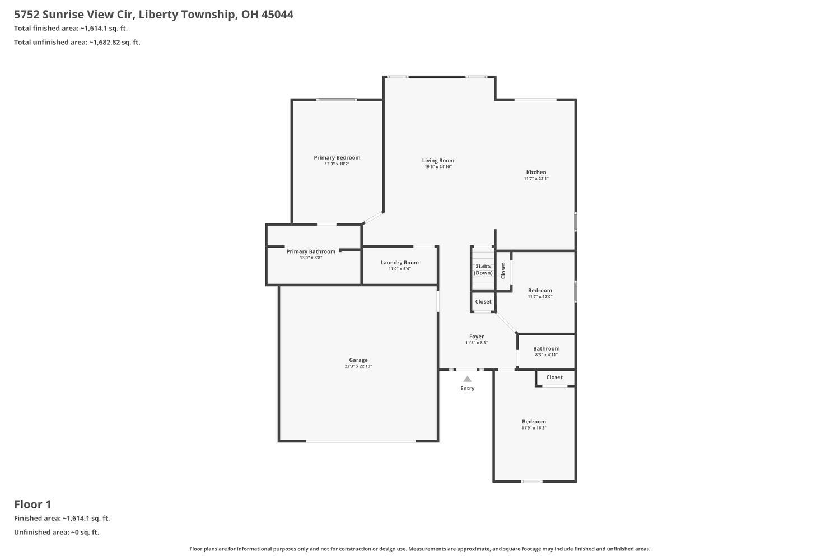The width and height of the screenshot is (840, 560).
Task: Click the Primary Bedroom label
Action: [337, 158]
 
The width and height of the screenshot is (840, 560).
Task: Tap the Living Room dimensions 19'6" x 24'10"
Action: [438, 167]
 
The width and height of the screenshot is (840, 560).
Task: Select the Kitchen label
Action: [536, 172]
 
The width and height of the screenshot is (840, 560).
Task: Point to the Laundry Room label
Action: [399, 263]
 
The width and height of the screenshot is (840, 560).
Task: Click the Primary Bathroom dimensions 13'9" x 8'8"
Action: [311, 258]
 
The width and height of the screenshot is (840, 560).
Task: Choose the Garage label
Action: [358, 360]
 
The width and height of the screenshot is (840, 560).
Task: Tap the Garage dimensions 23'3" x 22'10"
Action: [358, 366]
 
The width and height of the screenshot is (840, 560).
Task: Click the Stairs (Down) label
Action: [483, 269]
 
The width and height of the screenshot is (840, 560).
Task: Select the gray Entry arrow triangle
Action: [467, 379]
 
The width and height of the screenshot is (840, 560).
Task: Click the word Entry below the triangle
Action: [467, 388]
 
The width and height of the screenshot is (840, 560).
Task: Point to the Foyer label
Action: [477, 337]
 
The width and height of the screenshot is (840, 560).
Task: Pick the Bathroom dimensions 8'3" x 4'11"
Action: [546, 354]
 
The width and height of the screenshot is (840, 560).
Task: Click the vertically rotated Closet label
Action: [503, 270]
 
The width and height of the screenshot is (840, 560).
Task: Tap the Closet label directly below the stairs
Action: [483, 302]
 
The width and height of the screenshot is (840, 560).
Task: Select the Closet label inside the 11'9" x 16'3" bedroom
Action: [554, 377]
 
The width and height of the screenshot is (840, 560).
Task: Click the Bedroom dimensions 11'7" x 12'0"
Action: [540, 297]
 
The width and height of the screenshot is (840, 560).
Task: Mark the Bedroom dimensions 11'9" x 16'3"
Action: [534, 428]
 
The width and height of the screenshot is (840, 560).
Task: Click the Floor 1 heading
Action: [32, 504]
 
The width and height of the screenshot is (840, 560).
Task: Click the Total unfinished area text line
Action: [77, 42]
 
